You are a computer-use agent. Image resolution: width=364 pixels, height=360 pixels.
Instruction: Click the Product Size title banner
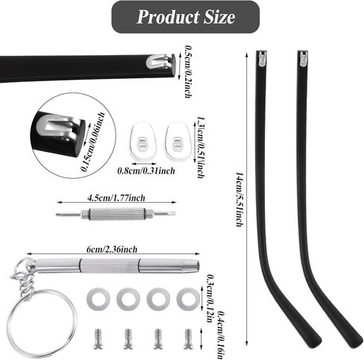pyautogui.click(x=185, y=17)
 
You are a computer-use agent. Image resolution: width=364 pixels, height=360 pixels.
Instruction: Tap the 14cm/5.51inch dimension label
pyautogui.click(x=239, y=199)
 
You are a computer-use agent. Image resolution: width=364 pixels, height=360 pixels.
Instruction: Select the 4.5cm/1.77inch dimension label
pyautogui.click(x=116, y=198)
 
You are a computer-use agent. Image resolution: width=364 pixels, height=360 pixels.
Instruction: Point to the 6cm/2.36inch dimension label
pyautogui.click(x=112, y=249)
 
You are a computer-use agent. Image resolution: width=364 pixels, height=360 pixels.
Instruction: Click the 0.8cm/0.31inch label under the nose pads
pyautogui.click(x=146, y=171)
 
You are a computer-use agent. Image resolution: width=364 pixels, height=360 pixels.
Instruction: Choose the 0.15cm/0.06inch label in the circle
pyautogui.click(x=93, y=142)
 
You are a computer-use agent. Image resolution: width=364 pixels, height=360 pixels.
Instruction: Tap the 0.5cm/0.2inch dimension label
pyautogui.click(x=188, y=72)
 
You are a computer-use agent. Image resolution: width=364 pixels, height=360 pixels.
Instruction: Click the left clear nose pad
pyautogui.click(x=142, y=141)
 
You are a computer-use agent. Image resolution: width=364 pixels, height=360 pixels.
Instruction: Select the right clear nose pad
pyautogui.click(x=178, y=141)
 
